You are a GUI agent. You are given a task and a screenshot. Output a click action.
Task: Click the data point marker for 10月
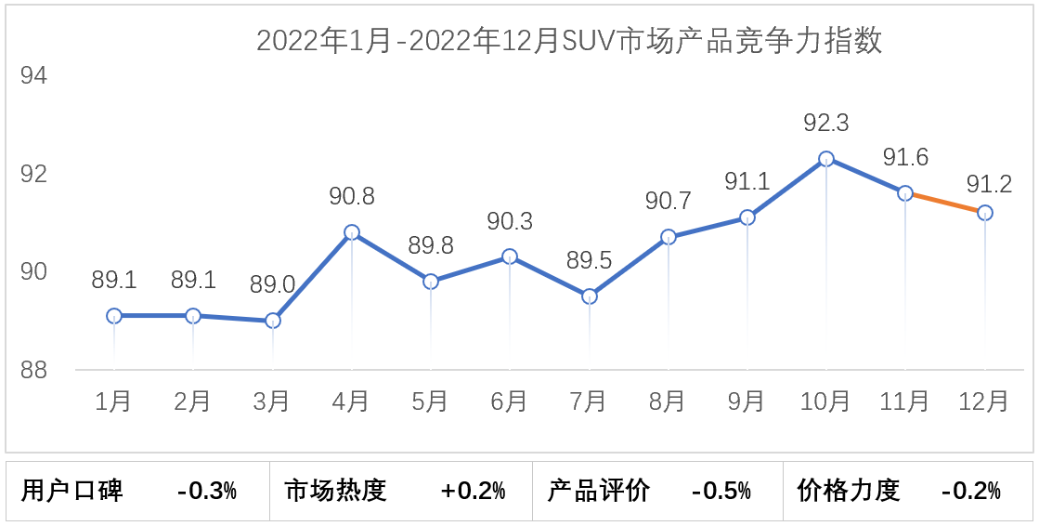point(825,159)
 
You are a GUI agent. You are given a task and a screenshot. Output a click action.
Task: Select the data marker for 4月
point(351,232)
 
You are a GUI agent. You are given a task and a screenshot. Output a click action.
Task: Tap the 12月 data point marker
point(984,213)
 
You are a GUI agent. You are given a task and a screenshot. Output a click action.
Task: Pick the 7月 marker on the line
point(589,296)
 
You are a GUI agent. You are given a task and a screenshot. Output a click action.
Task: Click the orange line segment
point(945,203)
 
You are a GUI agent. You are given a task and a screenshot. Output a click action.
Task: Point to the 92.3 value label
point(825,124)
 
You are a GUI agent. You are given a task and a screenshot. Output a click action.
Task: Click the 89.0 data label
point(273,285)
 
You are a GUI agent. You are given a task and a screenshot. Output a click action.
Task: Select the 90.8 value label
point(352,197)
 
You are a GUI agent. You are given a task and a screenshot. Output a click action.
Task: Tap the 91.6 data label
point(905,158)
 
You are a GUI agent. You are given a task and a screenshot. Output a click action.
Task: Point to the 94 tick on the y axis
point(33,76)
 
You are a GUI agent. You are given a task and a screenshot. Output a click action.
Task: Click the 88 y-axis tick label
point(33,371)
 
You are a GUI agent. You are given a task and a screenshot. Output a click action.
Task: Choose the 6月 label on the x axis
point(509,401)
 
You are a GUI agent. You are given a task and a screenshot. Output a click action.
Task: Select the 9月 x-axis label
point(747,401)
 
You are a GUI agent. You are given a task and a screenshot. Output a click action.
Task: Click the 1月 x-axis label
point(113,401)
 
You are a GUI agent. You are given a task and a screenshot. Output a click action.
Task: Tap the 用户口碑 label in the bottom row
point(72,491)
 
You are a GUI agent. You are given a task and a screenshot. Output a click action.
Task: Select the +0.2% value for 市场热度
point(474,491)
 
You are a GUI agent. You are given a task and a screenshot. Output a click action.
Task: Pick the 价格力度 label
point(849,491)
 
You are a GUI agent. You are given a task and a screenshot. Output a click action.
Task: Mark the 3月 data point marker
point(273,321)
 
